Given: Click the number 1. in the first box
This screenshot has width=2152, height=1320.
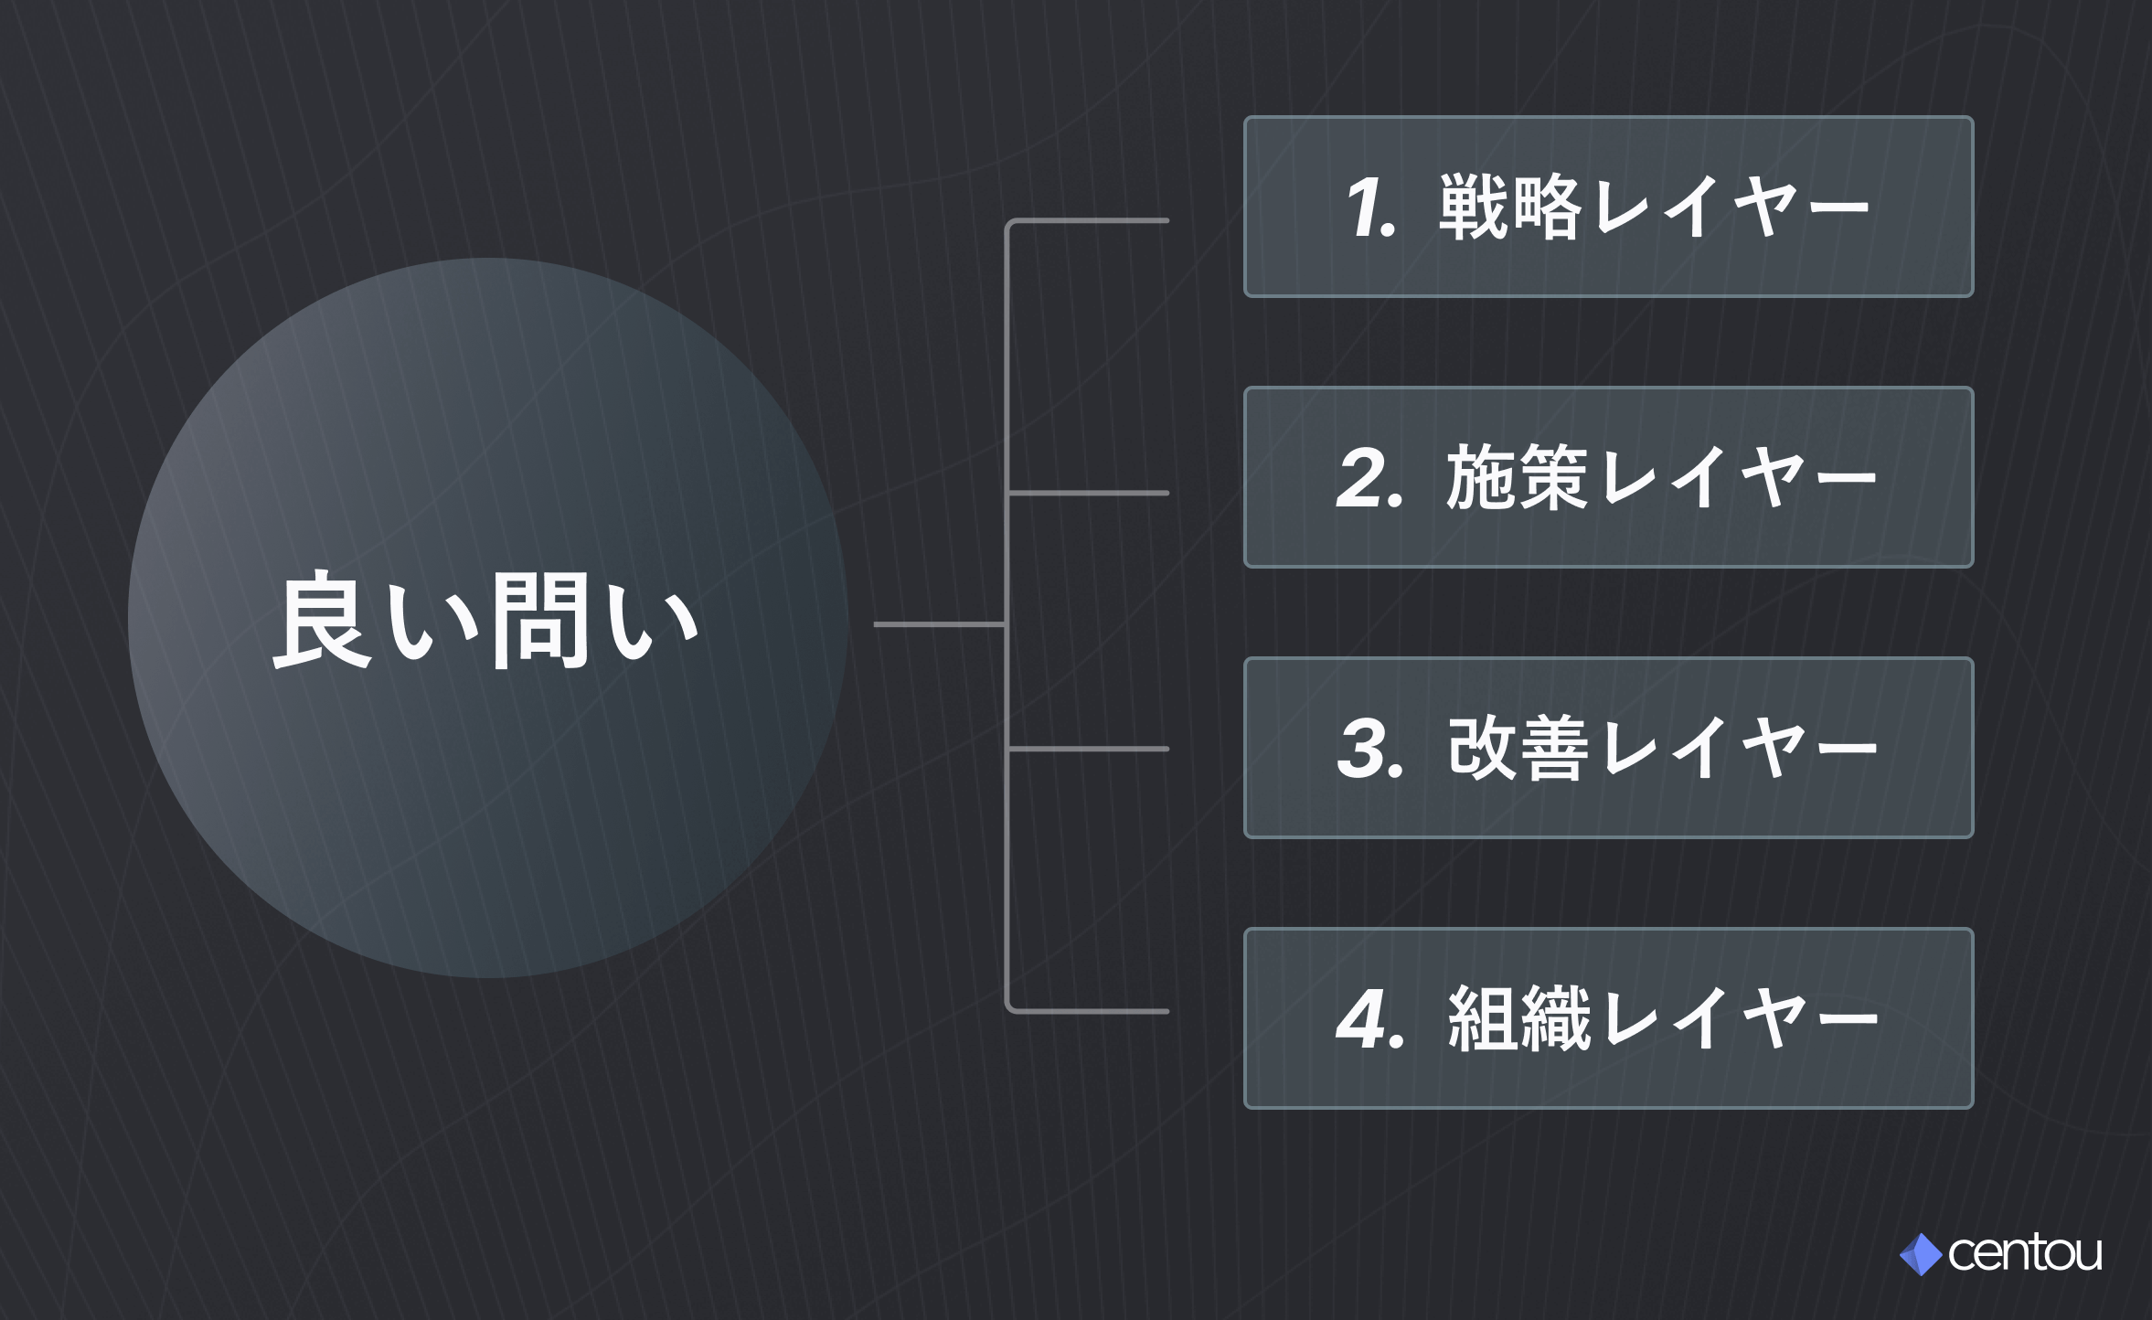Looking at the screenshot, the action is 1369,208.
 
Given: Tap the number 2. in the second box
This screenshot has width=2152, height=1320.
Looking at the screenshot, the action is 1369,478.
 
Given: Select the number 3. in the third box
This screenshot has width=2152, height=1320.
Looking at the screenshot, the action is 1369,749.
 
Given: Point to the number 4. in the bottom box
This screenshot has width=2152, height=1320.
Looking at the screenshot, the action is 1369,1019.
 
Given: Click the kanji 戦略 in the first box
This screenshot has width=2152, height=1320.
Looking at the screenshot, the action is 1509,208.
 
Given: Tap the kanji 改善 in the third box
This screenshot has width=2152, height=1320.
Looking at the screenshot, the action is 1518,749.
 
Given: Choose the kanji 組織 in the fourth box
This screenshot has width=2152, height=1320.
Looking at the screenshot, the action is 1518,1019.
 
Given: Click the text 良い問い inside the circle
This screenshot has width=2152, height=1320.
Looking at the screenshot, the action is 486,621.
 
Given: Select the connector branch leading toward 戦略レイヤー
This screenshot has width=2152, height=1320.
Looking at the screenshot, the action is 1088,220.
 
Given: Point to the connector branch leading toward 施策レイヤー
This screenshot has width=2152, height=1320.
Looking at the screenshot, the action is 1088,493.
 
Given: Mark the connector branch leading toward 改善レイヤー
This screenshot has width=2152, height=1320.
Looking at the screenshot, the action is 1088,749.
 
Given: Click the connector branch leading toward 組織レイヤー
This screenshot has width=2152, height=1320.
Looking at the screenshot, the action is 1088,1011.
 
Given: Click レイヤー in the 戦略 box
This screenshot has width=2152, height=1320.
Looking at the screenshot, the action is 1730,208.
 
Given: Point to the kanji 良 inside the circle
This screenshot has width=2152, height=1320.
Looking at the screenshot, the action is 323,621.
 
